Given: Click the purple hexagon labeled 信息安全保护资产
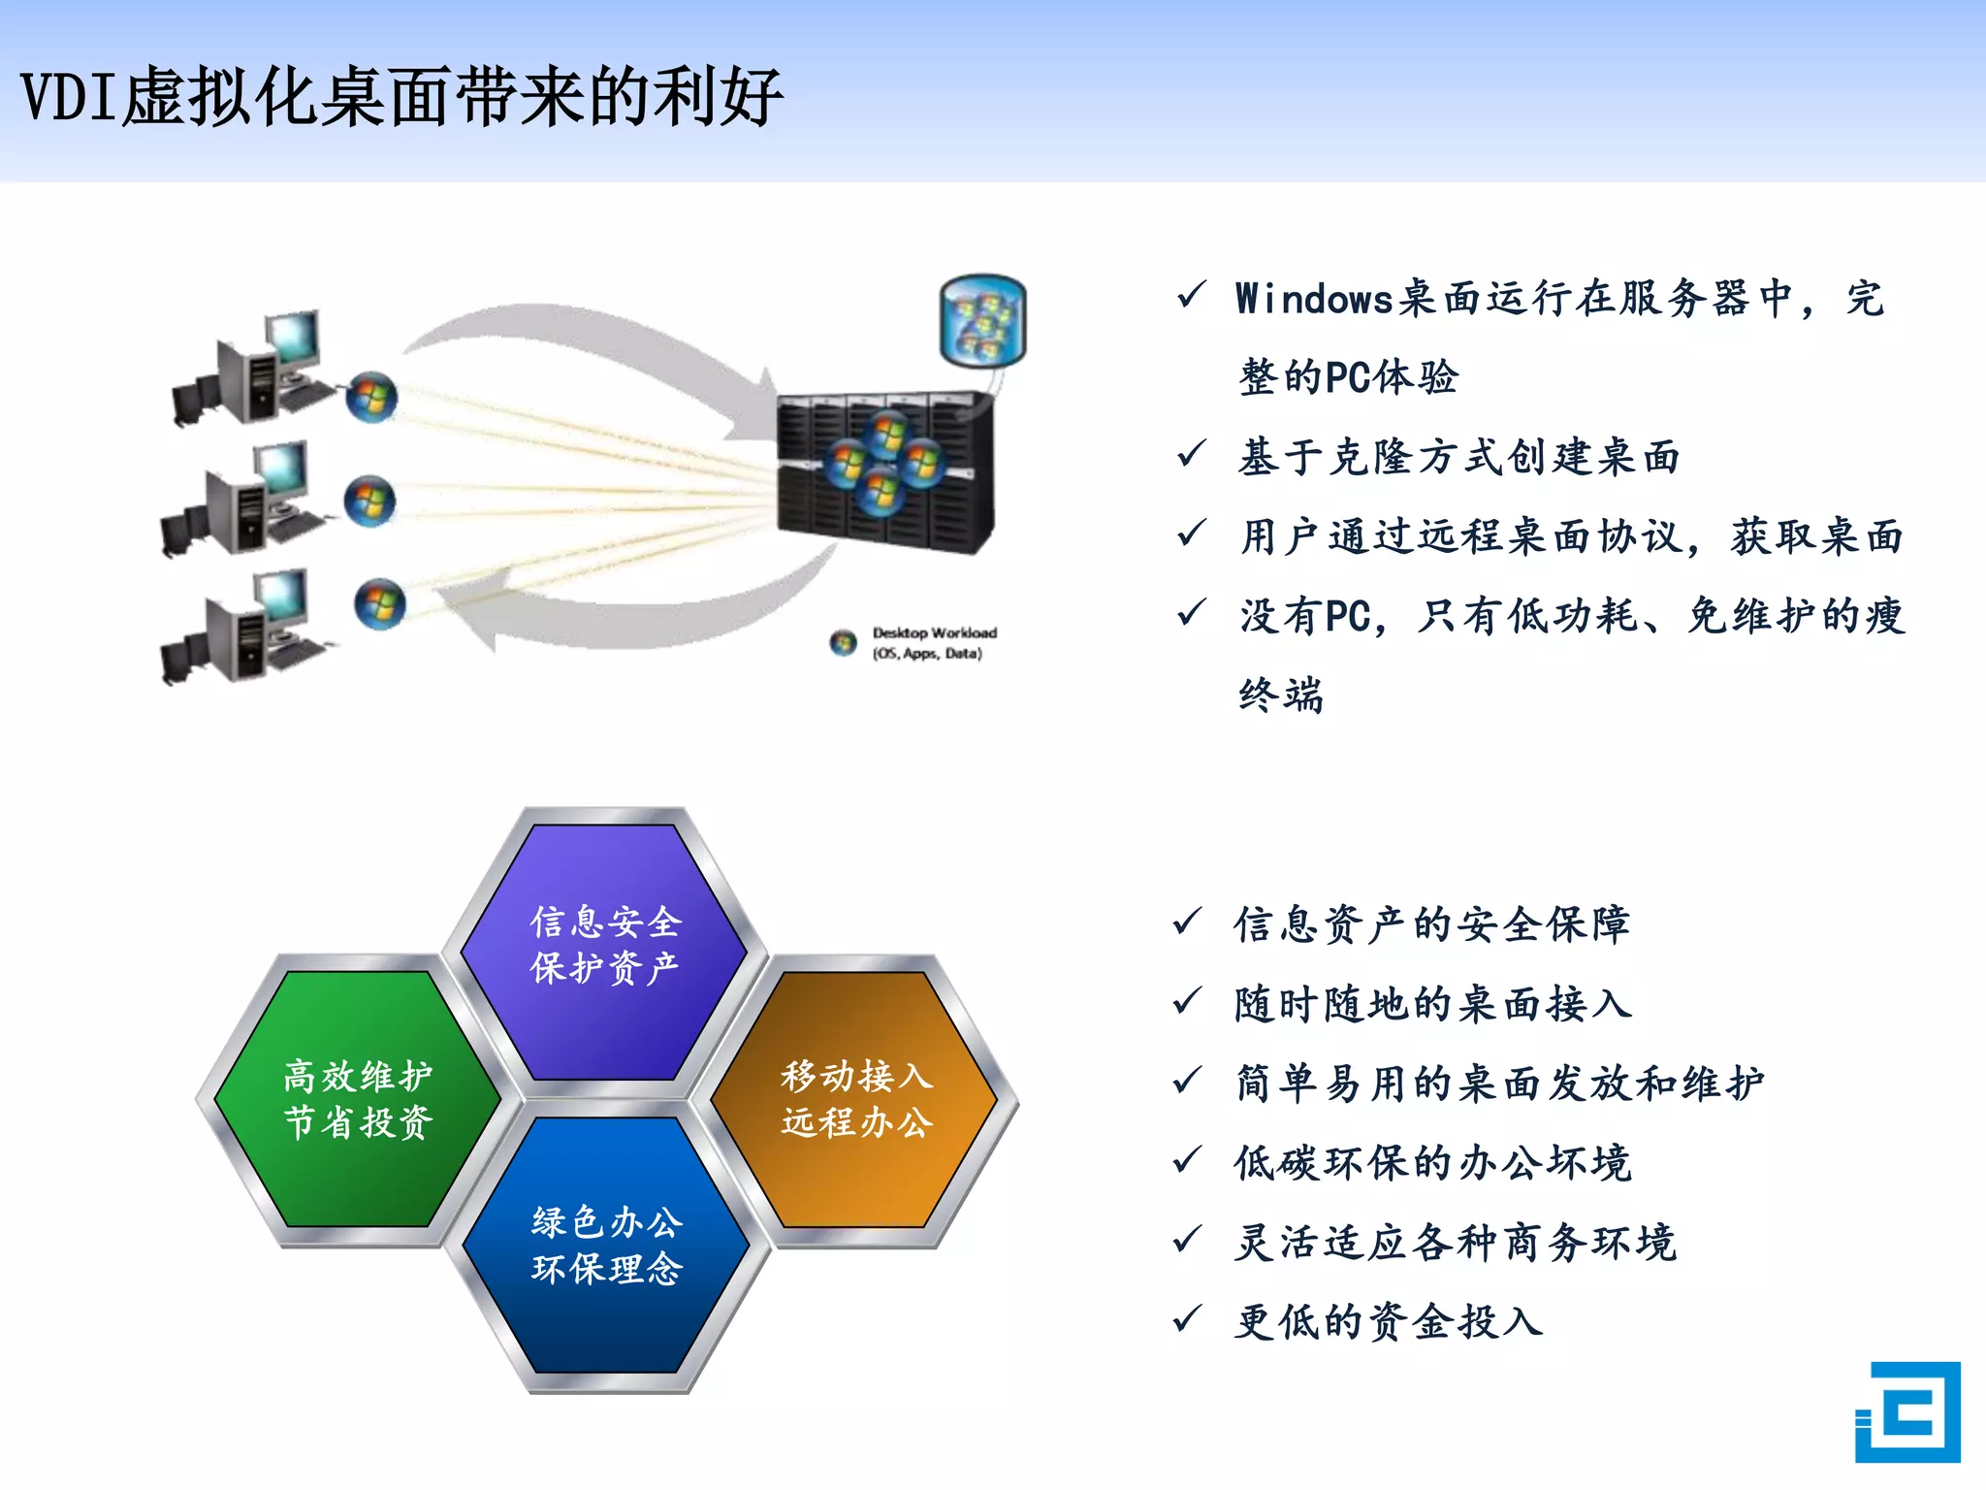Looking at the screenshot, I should (x=605, y=946).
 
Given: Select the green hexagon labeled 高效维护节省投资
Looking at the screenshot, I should (x=357, y=1099).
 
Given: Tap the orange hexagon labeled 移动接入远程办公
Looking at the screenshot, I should (x=855, y=1099).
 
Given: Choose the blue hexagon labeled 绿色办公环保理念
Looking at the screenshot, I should (x=606, y=1246).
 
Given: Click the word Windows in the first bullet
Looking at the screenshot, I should (x=1314, y=299).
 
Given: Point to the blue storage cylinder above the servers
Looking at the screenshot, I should (x=982, y=320).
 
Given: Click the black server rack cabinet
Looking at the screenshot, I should (x=884, y=472).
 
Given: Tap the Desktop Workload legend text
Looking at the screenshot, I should (x=933, y=642).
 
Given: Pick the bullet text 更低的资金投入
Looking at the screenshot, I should (x=1388, y=1321).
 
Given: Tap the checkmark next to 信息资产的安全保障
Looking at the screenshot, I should (x=1188, y=922).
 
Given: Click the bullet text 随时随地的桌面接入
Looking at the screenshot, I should (x=1432, y=1004).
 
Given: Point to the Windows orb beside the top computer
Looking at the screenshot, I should (x=371, y=397).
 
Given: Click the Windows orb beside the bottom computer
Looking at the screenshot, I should (x=379, y=603).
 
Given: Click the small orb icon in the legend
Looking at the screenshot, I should (x=843, y=642).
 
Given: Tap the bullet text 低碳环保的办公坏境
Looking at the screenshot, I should (x=1432, y=1162).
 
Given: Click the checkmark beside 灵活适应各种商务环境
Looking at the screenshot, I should (x=1188, y=1240).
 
